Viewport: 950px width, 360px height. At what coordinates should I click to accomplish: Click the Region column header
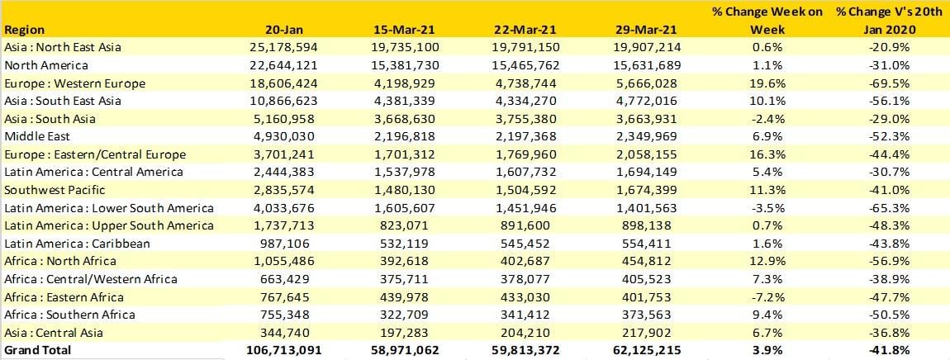pyautogui.click(x=24, y=30)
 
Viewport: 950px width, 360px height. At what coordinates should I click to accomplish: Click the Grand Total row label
pyautogui.click(x=38, y=350)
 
